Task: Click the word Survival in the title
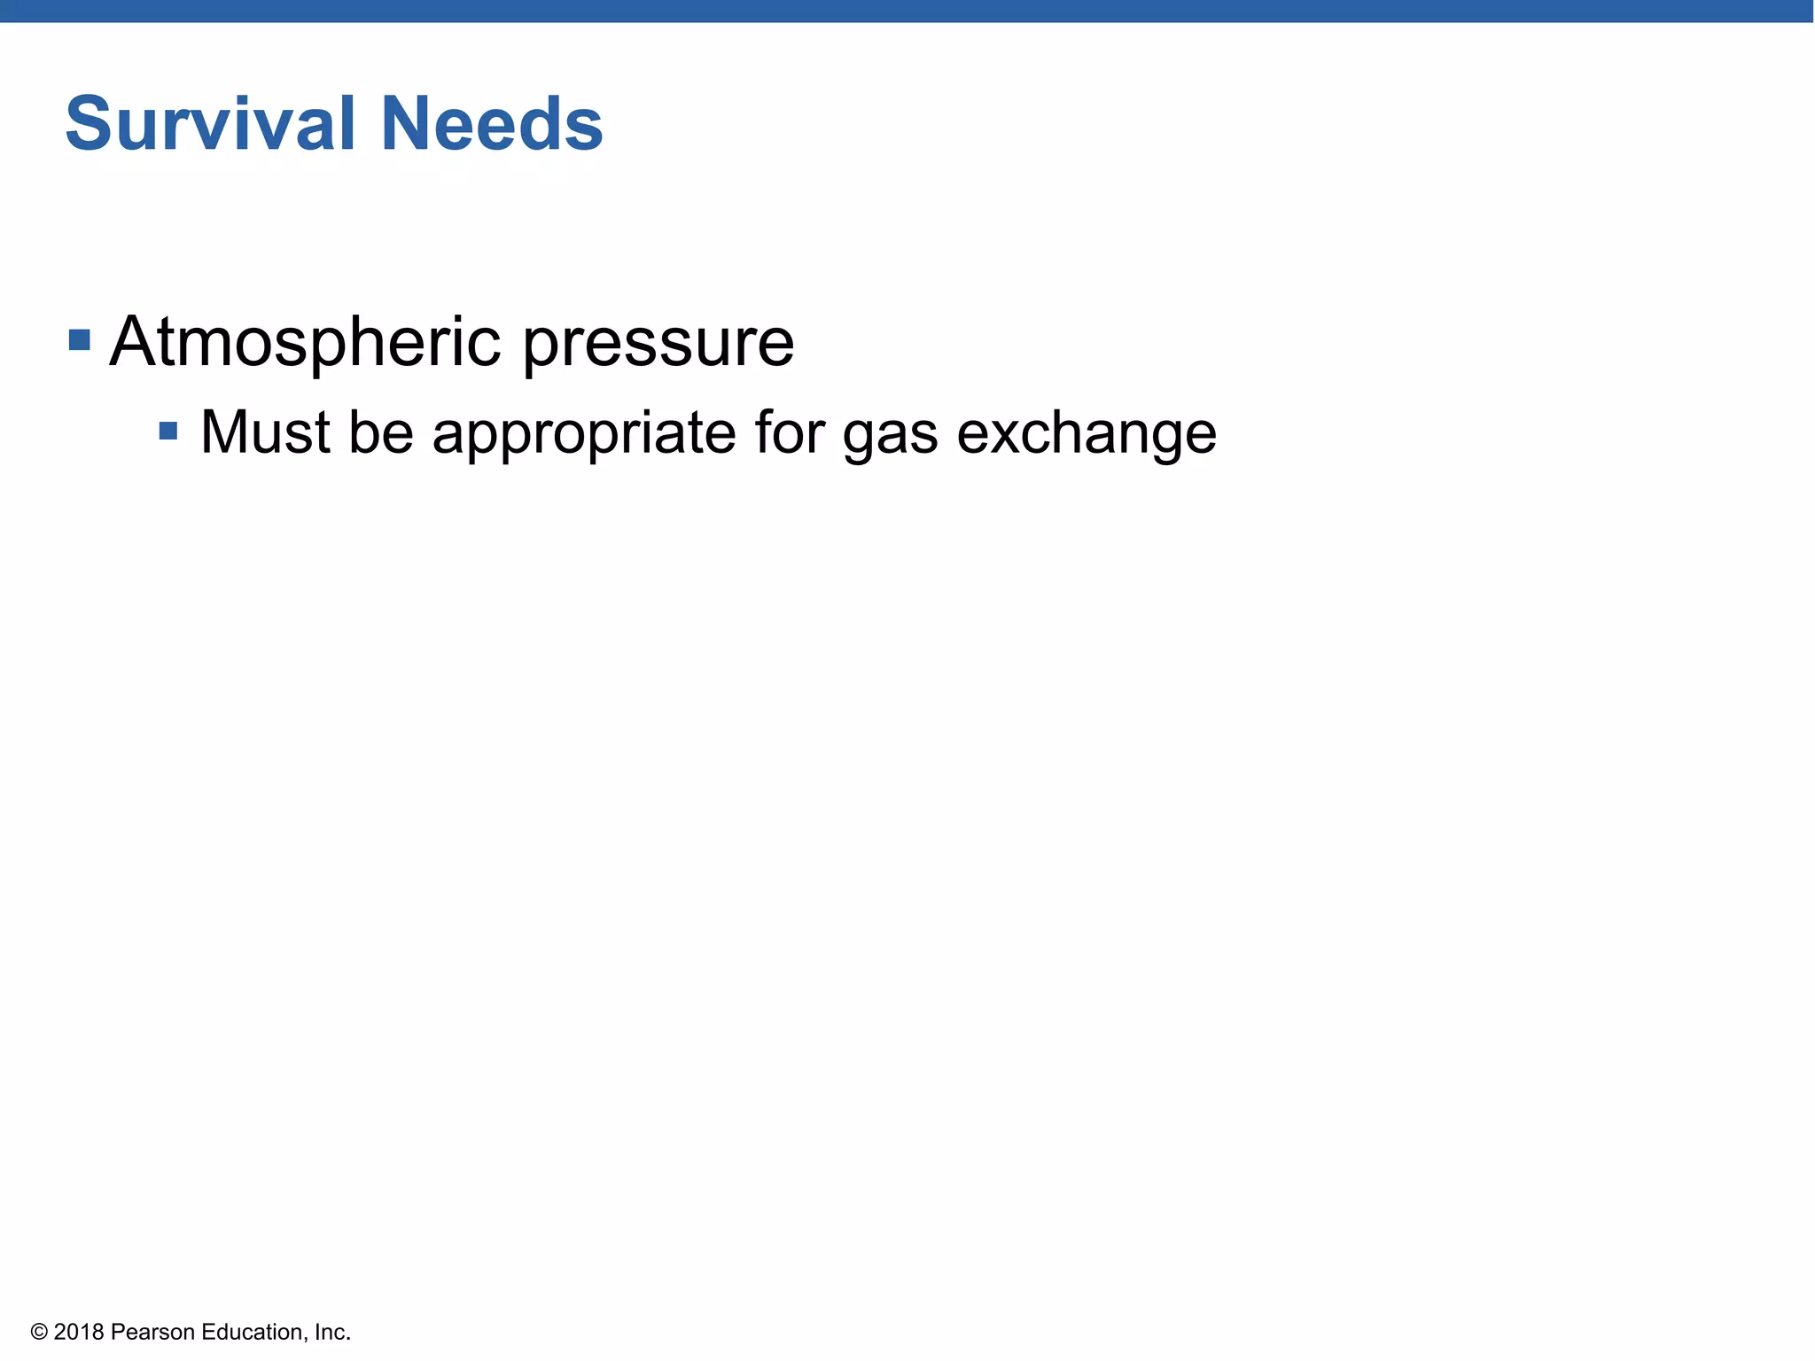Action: click(210, 123)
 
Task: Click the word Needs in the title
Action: click(492, 123)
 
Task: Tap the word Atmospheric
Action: click(305, 342)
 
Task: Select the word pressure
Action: click(658, 346)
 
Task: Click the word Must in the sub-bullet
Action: click(265, 432)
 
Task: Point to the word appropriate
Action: click(584, 436)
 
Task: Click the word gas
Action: click(890, 438)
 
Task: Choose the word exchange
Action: click(1087, 436)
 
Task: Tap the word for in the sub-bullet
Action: click(789, 432)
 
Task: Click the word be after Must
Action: click(381, 432)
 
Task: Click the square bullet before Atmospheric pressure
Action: click(80, 340)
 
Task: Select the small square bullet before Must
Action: click(168, 432)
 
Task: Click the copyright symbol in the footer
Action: click(38, 1332)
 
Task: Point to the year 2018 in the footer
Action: click(79, 1332)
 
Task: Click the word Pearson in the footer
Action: click(152, 1332)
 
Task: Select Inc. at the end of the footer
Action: click(333, 1332)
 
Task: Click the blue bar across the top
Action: click(907, 11)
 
